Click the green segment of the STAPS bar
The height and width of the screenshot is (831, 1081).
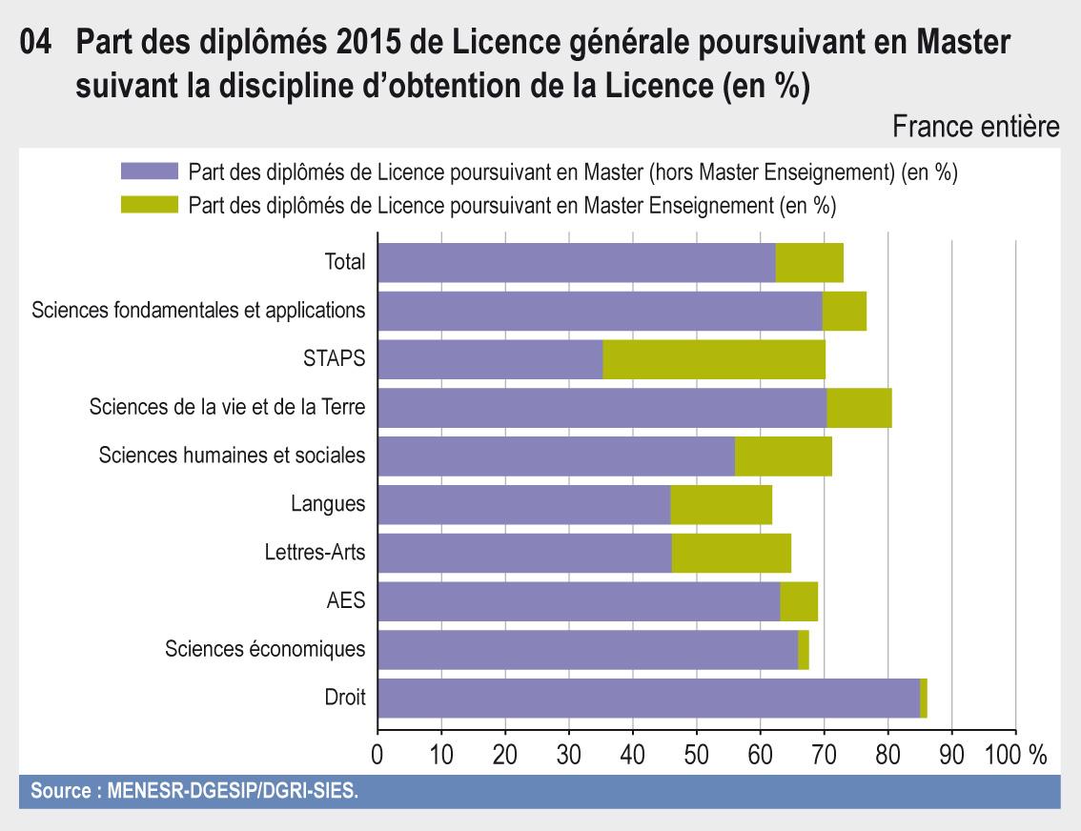[x=714, y=359]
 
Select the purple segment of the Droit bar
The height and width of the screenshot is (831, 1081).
[x=648, y=698]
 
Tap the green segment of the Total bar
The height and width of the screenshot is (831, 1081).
[x=809, y=262]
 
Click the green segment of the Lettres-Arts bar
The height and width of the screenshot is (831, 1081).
[x=731, y=553]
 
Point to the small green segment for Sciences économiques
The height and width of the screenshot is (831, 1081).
[x=804, y=650]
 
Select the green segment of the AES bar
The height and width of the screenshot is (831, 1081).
[x=799, y=601]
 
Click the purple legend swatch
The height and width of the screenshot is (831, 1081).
[x=150, y=172]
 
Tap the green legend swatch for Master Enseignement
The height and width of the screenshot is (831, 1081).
[x=150, y=204]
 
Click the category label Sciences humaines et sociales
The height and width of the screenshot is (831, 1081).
[x=232, y=456]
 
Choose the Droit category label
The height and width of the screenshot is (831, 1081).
[x=345, y=698]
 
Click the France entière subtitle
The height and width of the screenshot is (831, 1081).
[x=975, y=127]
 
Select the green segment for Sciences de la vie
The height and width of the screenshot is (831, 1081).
[x=859, y=408]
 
